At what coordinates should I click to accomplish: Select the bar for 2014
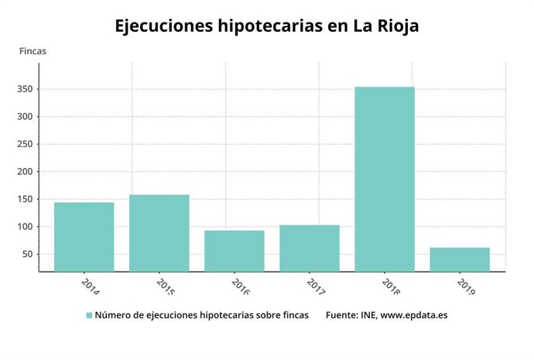(84, 237)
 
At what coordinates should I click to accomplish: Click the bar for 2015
(159, 233)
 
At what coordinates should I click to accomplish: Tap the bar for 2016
(234, 251)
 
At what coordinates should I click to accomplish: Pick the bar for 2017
(310, 249)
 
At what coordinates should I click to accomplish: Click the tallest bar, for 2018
(385, 179)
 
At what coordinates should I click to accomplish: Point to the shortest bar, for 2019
(460, 259)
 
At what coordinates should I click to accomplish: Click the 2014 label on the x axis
(91, 287)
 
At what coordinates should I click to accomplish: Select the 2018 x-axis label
(392, 287)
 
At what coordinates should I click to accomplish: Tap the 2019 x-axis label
(467, 287)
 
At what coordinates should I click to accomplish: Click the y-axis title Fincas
(33, 51)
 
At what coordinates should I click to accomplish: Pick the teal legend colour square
(89, 315)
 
